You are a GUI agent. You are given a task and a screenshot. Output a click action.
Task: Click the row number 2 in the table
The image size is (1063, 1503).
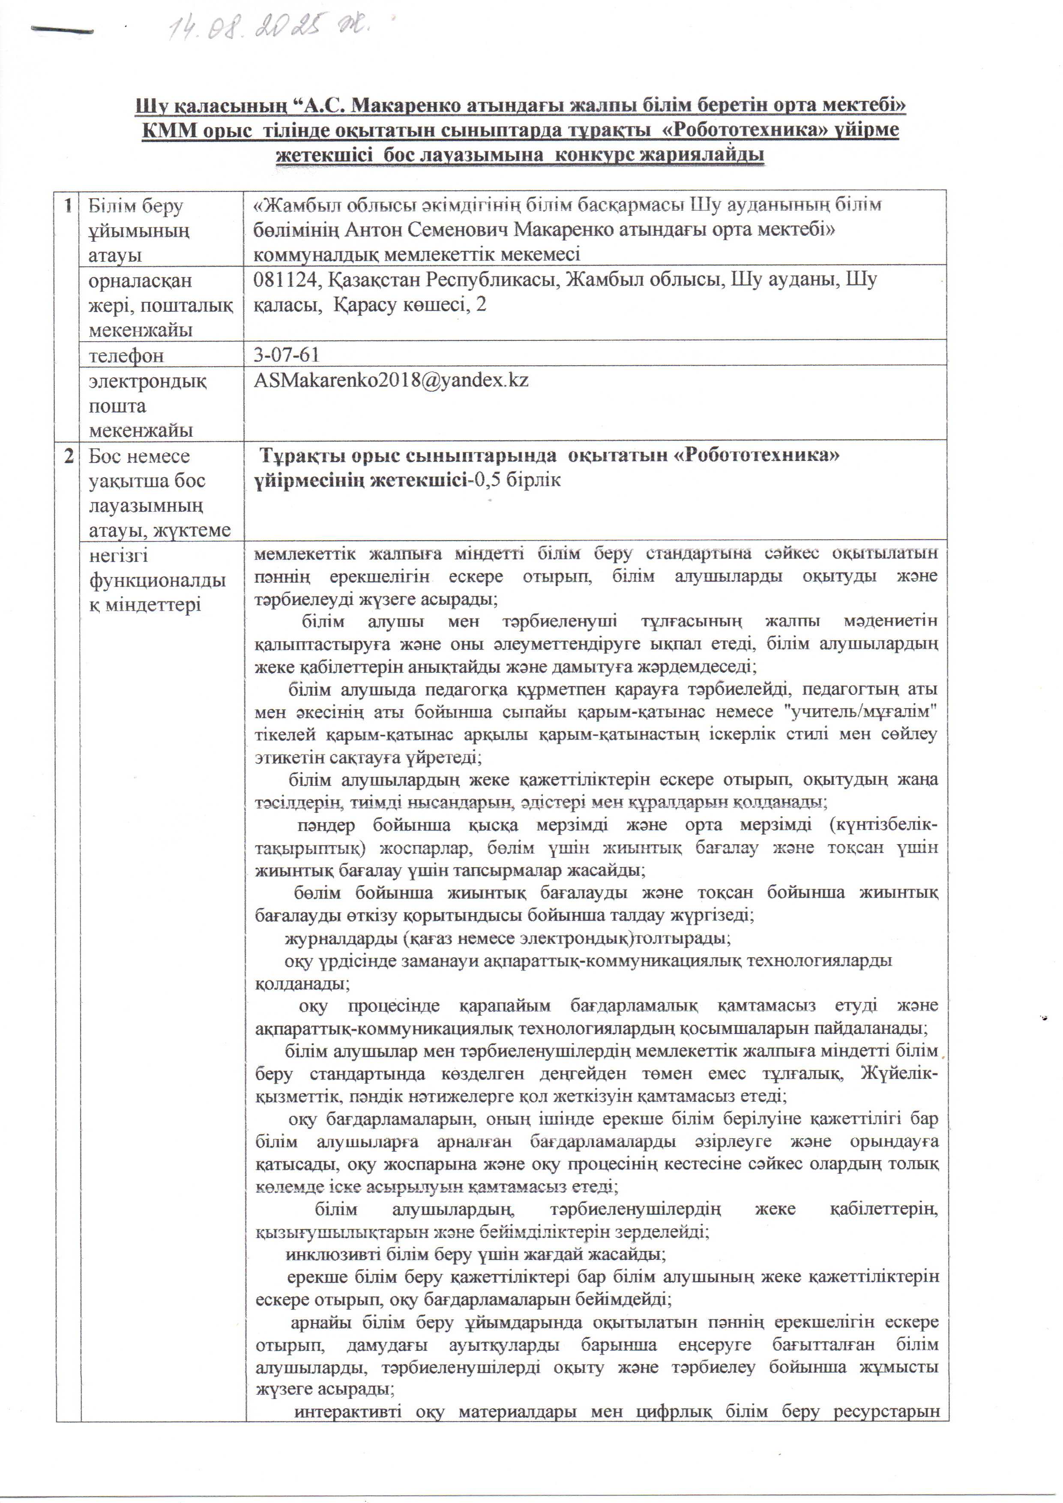pyautogui.click(x=69, y=456)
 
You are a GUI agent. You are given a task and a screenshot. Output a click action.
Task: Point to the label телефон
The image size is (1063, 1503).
pyautogui.click(x=126, y=356)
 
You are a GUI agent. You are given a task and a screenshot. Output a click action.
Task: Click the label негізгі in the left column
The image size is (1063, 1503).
pyautogui.click(x=119, y=555)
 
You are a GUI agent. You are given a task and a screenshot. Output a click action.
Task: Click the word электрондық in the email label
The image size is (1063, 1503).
pyautogui.click(x=147, y=381)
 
